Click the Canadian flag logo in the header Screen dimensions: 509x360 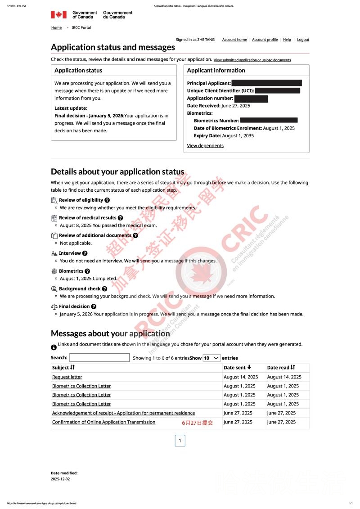tap(58, 15)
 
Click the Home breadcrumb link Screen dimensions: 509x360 tap(56, 27)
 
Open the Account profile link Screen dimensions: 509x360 tap(265, 40)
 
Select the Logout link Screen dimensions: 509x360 tap(303, 40)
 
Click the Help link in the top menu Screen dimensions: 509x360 tap(287, 40)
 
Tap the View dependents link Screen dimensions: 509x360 tap(205, 145)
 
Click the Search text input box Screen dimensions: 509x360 tap(99, 358)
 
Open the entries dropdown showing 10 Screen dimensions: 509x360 tap(211, 358)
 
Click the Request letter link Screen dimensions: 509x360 tap(67, 377)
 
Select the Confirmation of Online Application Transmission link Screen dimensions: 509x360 tap(103, 422)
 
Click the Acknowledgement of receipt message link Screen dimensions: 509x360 tap(123, 413)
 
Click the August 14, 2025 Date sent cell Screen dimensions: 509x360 tap(241, 377)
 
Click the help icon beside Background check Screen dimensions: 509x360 tap(104, 289)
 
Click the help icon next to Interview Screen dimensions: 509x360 tap(85, 253)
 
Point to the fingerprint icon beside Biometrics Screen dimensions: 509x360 tap(54, 271)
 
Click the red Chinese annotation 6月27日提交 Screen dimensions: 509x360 tap(197, 423)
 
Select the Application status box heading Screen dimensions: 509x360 tap(78, 70)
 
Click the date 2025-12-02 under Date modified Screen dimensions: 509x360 tap(60, 479)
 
